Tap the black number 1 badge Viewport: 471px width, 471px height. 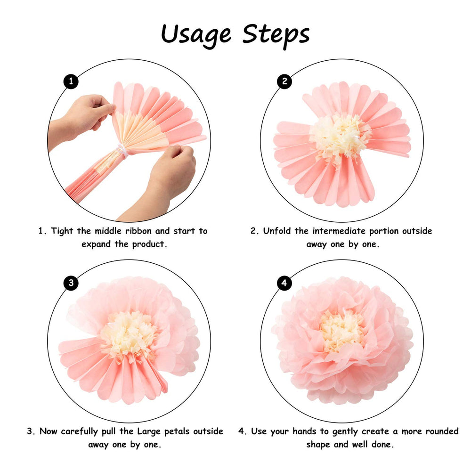click(71, 81)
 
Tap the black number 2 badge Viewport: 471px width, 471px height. click(284, 81)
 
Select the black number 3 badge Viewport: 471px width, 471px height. click(71, 283)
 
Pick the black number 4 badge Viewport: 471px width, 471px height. click(284, 283)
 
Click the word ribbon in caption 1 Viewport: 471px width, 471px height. click(138, 231)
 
